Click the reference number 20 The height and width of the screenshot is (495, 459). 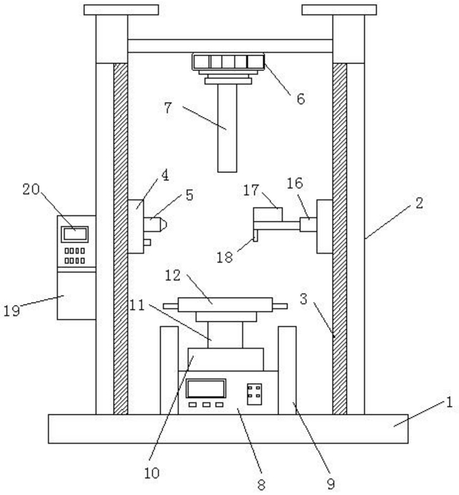[x=31, y=189]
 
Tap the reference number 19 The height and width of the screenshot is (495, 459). [x=11, y=311]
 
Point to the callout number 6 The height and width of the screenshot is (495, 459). [x=301, y=99]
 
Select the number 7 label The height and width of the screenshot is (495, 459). [x=168, y=108]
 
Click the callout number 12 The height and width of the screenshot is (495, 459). [x=173, y=275]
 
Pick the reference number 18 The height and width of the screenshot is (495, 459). [x=225, y=258]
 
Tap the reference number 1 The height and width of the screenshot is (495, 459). [x=449, y=403]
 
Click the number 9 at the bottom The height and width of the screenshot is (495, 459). [x=330, y=484]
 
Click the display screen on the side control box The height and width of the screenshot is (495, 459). [x=75, y=234]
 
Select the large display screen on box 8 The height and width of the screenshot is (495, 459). [x=206, y=388]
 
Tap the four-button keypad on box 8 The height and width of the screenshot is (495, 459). [x=254, y=394]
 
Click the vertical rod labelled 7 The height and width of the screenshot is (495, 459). [x=227, y=128]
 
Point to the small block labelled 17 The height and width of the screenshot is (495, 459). [x=268, y=215]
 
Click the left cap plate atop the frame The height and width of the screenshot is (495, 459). [x=121, y=9]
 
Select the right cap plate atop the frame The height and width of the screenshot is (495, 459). [x=339, y=9]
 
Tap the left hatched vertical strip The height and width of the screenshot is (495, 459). [x=120, y=239]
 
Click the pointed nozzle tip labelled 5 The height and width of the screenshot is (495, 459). [x=163, y=224]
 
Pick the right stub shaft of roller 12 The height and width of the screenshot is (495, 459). [x=280, y=306]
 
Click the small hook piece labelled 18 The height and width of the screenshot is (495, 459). [x=256, y=236]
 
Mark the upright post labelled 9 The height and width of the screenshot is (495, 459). [x=287, y=370]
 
